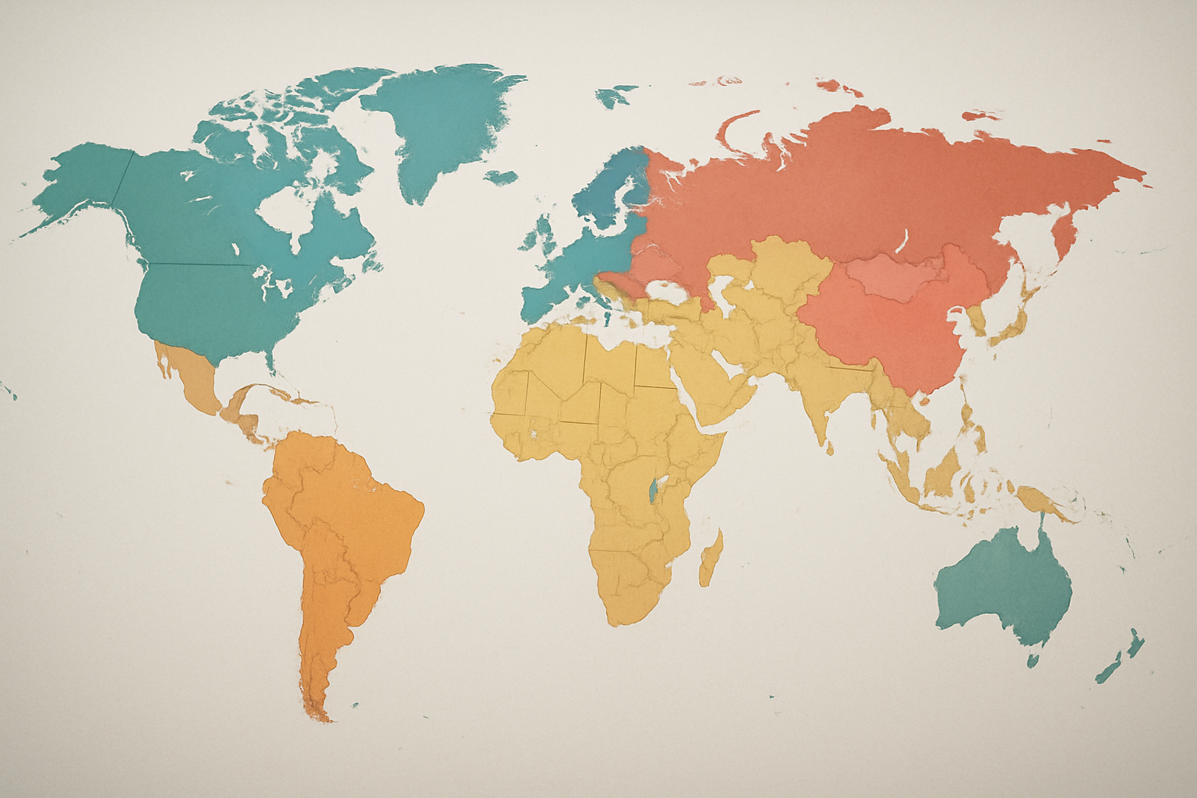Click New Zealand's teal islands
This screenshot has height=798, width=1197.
(x=1122, y=655)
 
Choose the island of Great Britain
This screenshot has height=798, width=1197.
(x=546, y=234)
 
